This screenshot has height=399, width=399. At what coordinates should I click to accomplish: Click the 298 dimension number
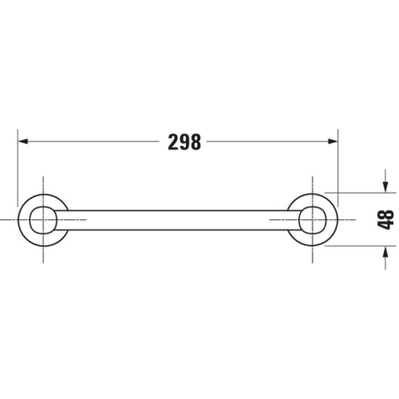(185, 142)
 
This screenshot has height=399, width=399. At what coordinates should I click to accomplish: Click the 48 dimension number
(386, 219)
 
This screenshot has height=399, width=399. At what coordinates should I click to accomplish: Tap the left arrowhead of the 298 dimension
(23, 141)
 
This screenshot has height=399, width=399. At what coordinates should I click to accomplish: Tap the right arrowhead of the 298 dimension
(332, 141)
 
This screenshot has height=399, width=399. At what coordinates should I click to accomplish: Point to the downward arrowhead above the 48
(386, 187)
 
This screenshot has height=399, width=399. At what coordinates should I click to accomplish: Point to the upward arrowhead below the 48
(386, 251)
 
